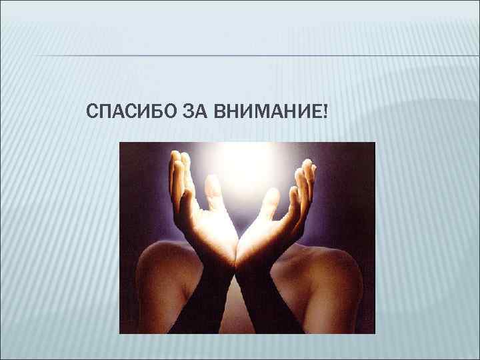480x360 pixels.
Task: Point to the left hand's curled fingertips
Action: [177, 167]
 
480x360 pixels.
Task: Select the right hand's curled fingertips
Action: [305, 170]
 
